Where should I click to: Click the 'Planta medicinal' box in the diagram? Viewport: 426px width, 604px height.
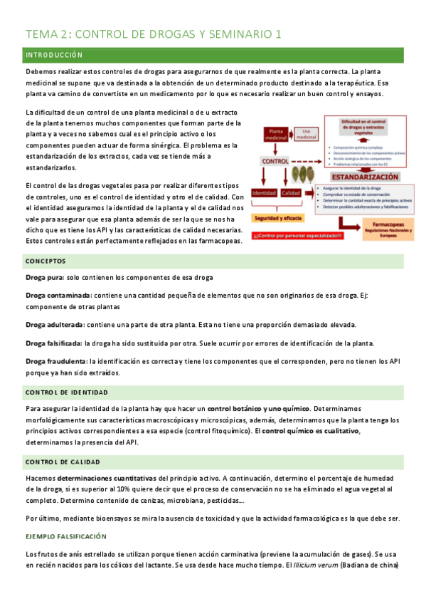coord(275,135)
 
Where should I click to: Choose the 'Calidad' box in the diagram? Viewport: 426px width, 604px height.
coord(290,193)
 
